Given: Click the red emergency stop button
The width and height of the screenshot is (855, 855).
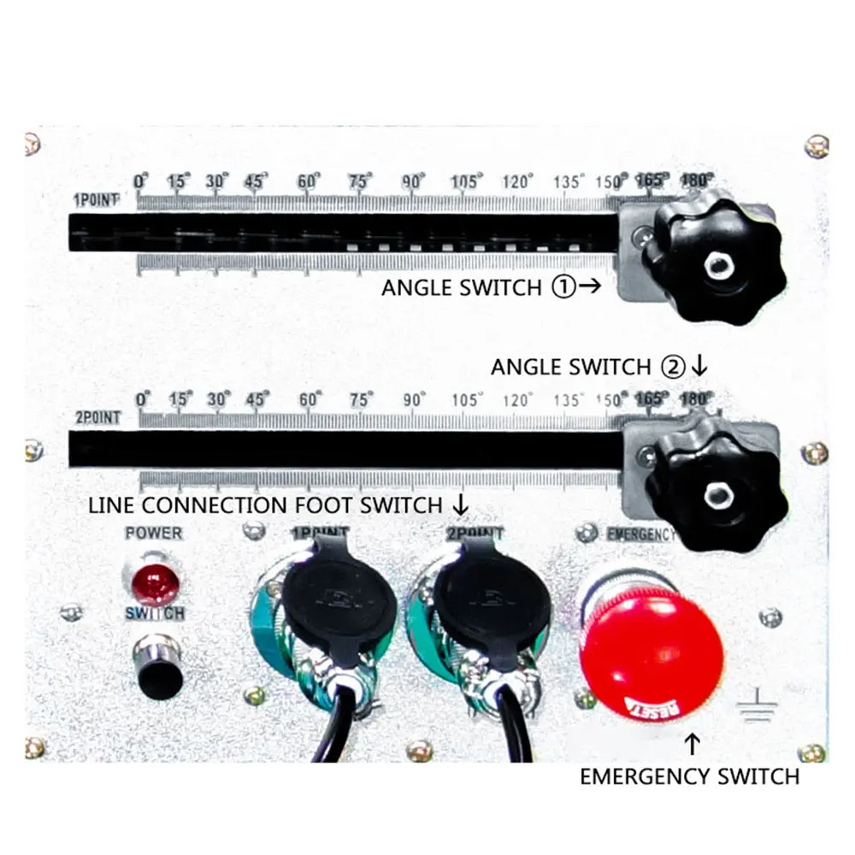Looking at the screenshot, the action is tap(652, 650).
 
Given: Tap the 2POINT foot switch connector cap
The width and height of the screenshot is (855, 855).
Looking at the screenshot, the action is tap(491, 609).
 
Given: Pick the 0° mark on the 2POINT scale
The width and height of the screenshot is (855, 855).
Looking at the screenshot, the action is tap(143, 400).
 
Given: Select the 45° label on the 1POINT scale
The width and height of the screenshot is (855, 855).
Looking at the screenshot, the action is tap(255, 182).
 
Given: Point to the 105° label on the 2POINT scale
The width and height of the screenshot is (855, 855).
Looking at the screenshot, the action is tap(467, 400).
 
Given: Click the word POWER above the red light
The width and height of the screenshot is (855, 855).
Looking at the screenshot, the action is tap(154, 534).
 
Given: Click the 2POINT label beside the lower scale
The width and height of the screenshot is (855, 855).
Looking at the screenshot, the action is tap(96, 418).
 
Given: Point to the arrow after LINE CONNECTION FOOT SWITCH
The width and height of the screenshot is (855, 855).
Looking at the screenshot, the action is tap(460, 504).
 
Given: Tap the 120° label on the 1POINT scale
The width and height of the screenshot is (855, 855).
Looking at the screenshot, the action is tap(518, 182).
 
